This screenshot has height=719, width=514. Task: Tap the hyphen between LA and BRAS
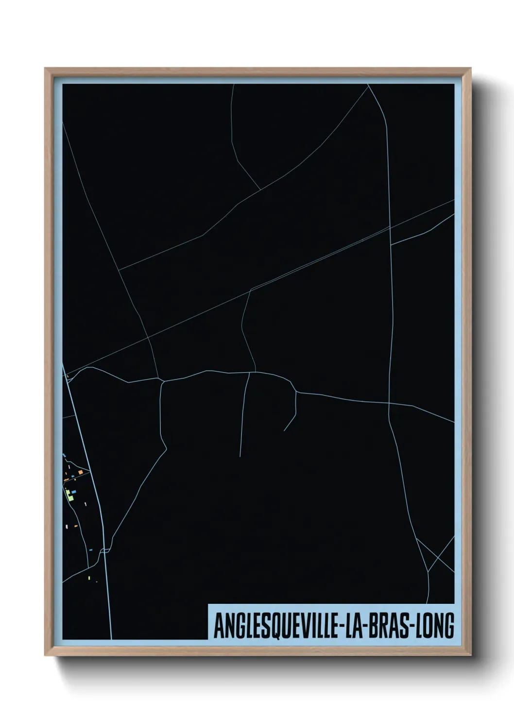point(367,626)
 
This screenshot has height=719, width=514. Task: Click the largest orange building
point(81,472)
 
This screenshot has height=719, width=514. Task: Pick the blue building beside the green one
point(74,492)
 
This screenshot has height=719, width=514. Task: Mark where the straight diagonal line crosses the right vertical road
point(390,227)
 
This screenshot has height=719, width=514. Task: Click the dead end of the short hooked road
point(284,430)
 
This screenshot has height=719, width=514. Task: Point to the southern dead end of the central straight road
point(240,456)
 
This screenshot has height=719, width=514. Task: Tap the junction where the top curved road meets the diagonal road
point(260,189)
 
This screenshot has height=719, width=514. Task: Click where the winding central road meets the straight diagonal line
point(251,290)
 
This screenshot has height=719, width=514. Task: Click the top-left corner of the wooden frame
point(45,68)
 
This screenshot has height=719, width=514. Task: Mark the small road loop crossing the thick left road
point(104,550)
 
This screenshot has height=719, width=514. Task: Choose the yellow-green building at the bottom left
point(89,578)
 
